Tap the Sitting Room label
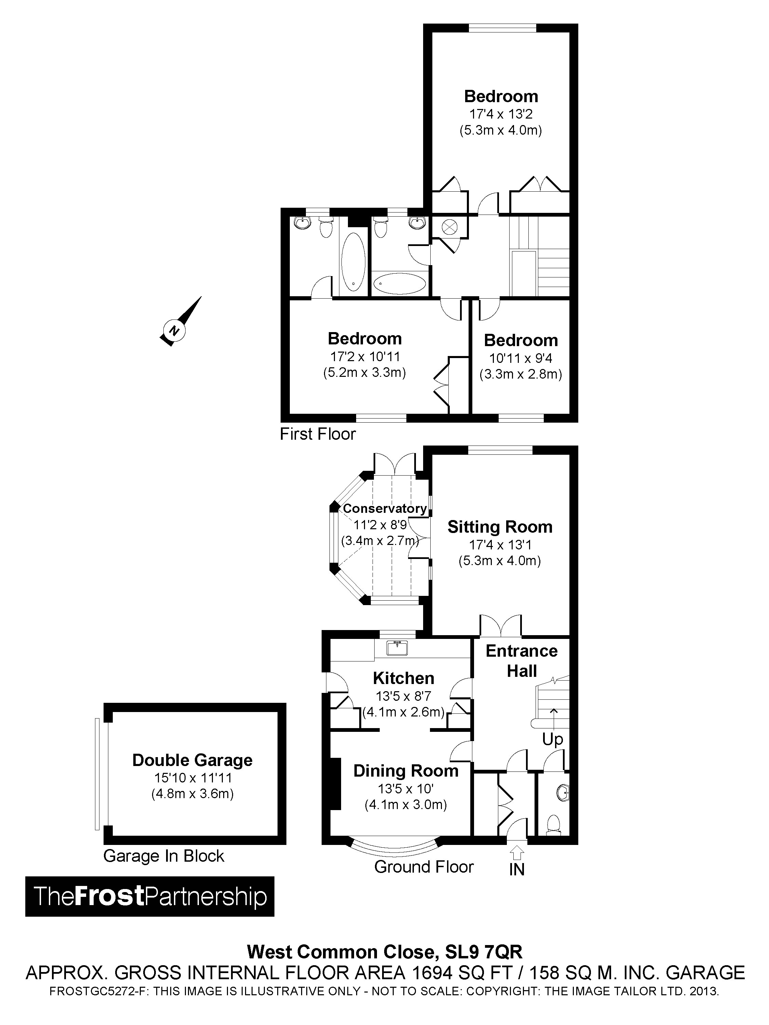[500, 527]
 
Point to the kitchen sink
[397, 648]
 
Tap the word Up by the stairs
[553, 739]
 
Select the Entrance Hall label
[522, 661]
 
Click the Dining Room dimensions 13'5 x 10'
[406, 788]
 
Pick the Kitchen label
[403, 678]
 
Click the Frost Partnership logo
[150, 896]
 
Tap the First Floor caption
[318, 434]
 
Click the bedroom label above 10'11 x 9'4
[521, 340]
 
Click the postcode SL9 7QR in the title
[484, 952]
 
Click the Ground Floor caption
[424, 866]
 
